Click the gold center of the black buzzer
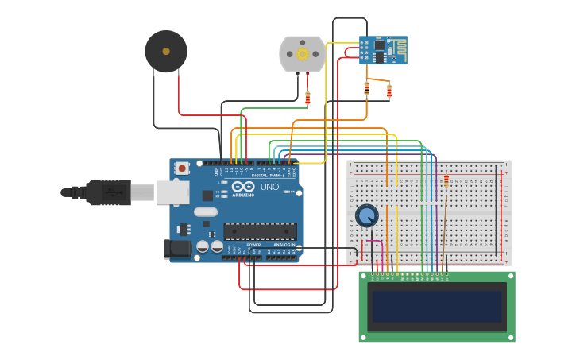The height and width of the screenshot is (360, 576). click(x=166, y=52)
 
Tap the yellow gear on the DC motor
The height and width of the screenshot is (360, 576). click(x=302, y=54)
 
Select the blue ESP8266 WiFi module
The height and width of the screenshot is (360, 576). click(x=382, y=49)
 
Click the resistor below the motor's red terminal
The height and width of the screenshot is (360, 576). click(x=307, y=98)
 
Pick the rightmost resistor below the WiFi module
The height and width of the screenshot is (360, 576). click(x=389, y=91)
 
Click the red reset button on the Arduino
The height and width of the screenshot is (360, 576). click(x=183, y=168)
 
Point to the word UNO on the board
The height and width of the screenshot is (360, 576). click(x=269, y=187)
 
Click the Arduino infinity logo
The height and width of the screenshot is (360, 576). click(x=243, y=186)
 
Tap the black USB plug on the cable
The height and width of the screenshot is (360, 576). click(x=107, y=192)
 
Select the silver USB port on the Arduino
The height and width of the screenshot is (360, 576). click(x=170, y=192)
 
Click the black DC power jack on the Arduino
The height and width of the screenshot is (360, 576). click(x=178, y=249)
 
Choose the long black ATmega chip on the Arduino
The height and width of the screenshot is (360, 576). click(x=260, y=231)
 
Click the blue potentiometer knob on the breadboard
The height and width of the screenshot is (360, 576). click(x=366, y=215)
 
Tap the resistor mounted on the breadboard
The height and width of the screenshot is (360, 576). click(x=446, y=181)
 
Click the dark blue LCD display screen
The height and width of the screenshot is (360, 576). click(x=437, y=306)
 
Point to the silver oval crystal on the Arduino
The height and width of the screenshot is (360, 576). click(x=205, y=211)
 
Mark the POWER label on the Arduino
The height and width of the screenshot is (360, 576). click(x=253, y=245)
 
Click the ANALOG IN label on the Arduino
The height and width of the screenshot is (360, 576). click(x=283, y=245)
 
